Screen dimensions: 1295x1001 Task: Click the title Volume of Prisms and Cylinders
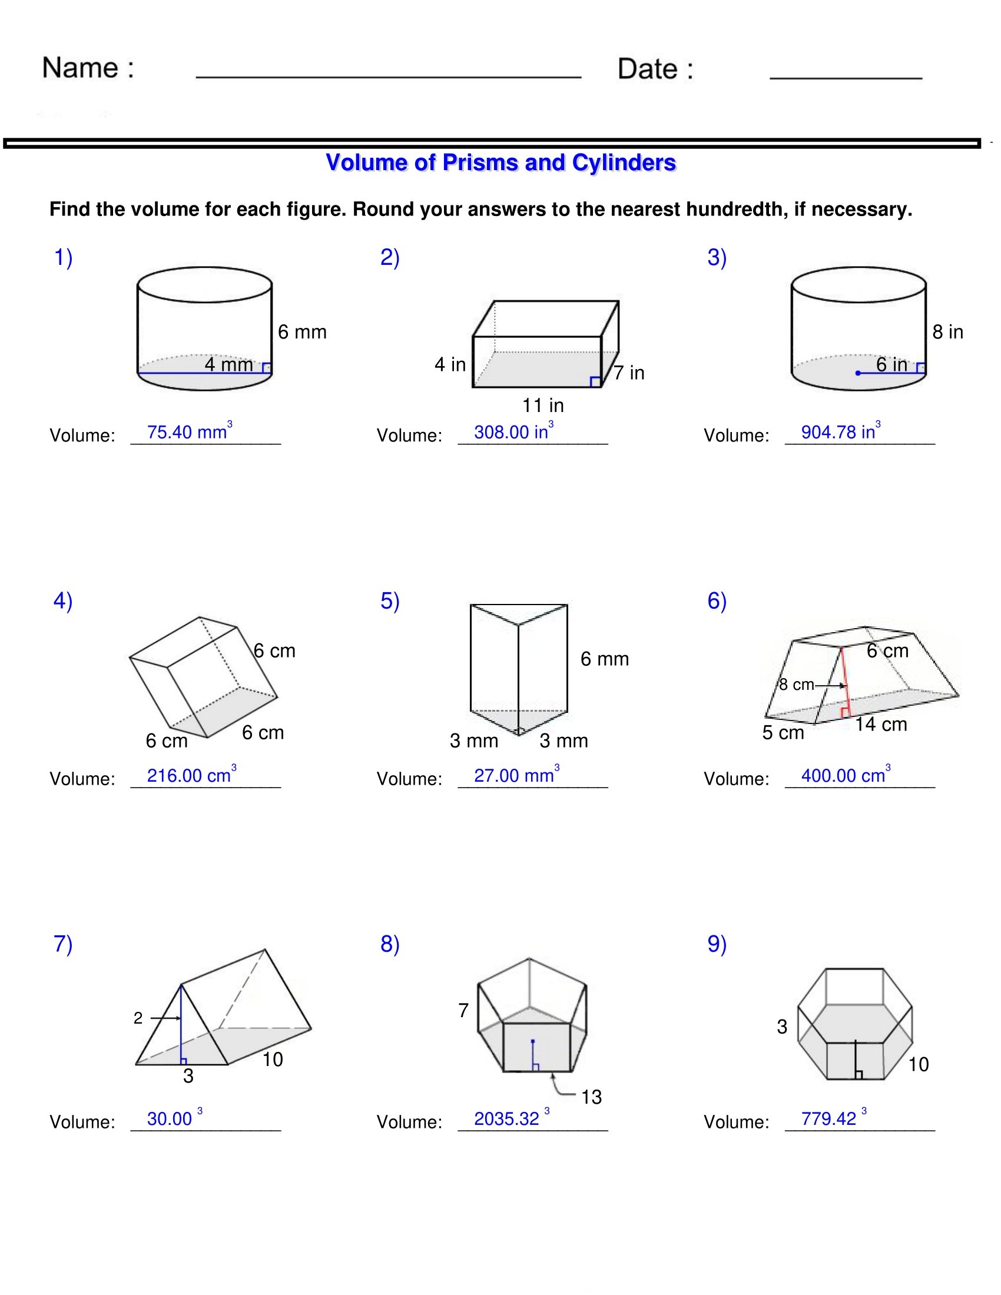501,162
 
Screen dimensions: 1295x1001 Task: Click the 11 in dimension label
543,406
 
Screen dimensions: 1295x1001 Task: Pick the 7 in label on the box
629,373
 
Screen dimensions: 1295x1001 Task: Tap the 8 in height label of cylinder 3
947,332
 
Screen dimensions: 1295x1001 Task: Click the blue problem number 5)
390,601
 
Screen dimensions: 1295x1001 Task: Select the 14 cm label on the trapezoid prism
881,724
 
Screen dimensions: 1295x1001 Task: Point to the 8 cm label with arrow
797,685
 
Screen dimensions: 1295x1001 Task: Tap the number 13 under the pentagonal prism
591,1097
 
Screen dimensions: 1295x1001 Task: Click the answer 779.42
828,1118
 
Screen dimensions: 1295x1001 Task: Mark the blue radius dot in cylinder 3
857,373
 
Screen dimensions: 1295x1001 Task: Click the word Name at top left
80,68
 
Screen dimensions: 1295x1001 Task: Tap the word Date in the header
647,69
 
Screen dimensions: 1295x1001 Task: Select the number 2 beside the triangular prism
138,1018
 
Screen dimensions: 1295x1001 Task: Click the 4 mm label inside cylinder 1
229,364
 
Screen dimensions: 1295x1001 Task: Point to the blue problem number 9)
717,944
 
